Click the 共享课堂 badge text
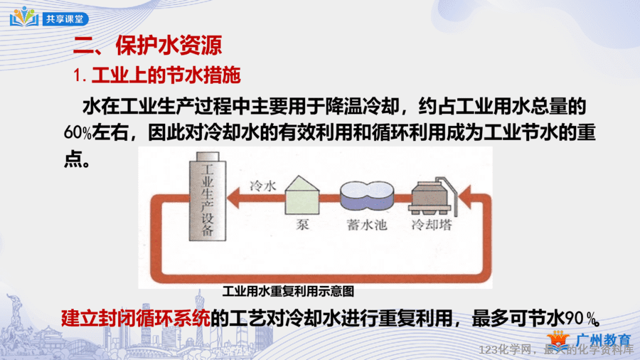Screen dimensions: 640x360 point(65,18)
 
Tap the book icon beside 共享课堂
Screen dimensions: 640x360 point(24,16)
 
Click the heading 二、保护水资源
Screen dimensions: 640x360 point(148,45)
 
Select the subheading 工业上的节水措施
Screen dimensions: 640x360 point(166,75)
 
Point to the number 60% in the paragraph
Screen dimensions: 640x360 point(78,132)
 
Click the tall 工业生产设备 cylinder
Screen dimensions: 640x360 point(208,196)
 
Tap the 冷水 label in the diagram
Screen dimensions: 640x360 point(263,186)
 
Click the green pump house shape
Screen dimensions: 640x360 point(302,195)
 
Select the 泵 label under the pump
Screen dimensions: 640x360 point(302,225)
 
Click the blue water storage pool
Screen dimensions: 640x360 point(367,196)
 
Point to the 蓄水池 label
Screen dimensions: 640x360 point(366,225)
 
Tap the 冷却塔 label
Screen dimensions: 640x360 point(432,225)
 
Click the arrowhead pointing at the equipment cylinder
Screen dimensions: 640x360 point(233,198)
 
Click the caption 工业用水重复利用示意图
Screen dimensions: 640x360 point(288,292)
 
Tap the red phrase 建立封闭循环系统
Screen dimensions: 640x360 point(136,318)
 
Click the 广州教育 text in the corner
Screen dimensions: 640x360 point(604,339)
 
